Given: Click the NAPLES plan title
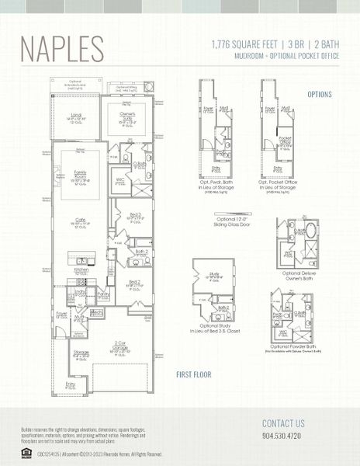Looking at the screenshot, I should click(x=61, y=47).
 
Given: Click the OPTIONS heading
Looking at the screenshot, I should click(x=319, y=94).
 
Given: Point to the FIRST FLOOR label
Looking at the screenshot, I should click(x=193, y=374).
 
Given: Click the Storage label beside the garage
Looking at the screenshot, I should click(x=81, y=354).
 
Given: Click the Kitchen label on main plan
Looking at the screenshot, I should click(x=81, y=270).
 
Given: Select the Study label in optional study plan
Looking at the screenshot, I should click(x=214, y=274).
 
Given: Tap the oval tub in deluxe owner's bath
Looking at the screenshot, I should click(x=310, y=231).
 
